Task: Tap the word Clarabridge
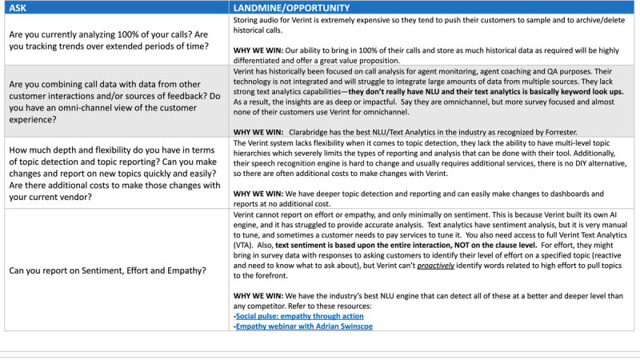tap(309, 130)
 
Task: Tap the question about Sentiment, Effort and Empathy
tap(107, 270)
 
